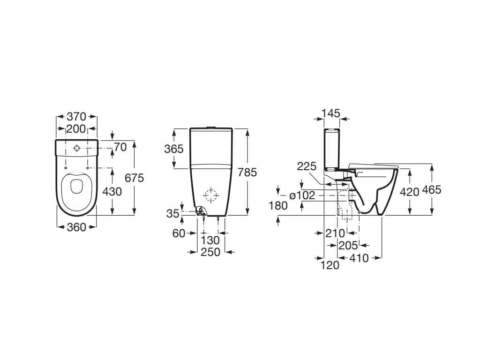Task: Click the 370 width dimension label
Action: click(76, 116)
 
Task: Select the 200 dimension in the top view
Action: click(76, 128)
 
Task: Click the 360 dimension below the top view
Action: click(76, 227)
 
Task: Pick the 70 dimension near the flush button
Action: click(120, 147)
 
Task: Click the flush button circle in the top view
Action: click(76, 149)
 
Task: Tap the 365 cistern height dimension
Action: click(174, 149)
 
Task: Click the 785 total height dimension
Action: click(247, 172)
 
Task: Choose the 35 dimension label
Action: click(172, 213)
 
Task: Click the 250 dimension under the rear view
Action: click(210, 252)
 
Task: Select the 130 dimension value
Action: click(210, 240)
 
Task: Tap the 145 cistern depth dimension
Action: click(331, 113)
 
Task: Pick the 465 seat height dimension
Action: click(432, 190)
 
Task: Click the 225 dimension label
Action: click(307, 166)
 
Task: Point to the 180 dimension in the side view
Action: click(278, 205)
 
